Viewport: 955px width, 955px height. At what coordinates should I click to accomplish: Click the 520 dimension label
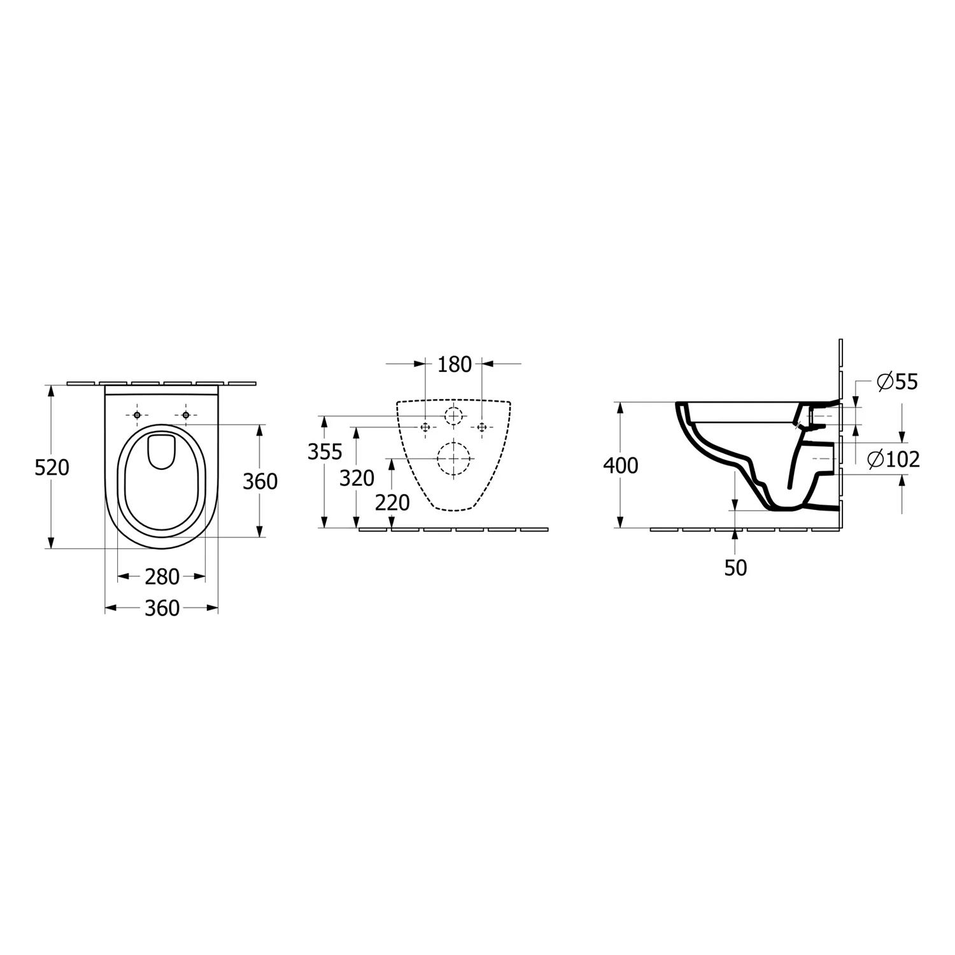52,468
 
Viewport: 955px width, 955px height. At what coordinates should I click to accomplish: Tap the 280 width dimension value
162,577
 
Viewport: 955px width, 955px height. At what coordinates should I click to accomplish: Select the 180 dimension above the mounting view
455,364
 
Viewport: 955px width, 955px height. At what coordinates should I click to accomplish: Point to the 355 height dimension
325,451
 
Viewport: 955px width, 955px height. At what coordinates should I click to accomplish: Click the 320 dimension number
357,478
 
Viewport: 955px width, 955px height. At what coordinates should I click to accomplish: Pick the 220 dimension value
392,503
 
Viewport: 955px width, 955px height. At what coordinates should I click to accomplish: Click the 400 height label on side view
620,466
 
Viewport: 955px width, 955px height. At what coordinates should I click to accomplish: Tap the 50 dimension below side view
735,568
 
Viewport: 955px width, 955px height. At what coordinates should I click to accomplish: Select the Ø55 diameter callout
896,382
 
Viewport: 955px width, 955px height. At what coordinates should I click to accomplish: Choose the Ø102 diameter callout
894,459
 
